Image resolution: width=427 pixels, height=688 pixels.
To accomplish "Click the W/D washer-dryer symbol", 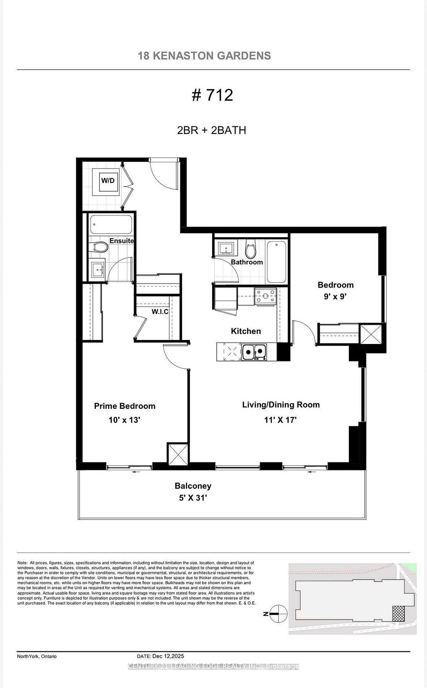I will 107,181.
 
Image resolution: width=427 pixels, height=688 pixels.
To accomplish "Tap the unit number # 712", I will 212,95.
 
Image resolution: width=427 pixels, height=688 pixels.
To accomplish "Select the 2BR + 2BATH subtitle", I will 212,130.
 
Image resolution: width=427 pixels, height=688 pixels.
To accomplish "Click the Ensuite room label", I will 122,241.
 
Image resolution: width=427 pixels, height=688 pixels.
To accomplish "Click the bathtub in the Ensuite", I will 111,225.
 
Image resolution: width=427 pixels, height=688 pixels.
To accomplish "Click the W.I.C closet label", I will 160,311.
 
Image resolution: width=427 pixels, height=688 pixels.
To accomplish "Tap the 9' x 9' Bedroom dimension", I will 335,297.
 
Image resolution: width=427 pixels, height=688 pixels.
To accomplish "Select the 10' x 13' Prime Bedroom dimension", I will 124,420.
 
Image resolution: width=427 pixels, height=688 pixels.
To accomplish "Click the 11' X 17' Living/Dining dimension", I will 280,420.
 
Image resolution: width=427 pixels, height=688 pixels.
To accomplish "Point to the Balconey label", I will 193,486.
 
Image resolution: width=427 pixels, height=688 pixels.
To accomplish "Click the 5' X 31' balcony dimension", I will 193,498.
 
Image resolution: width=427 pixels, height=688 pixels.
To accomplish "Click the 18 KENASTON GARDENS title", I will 204,56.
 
